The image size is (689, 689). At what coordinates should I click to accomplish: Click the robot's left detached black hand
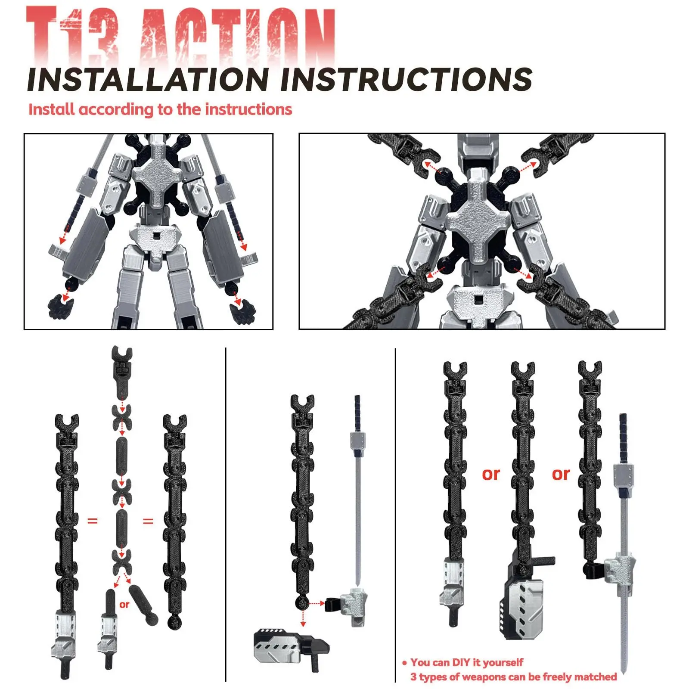59,306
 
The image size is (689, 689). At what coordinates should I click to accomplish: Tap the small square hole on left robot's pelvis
157,236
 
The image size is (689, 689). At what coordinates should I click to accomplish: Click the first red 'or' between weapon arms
491,474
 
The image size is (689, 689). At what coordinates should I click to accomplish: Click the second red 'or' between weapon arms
561,474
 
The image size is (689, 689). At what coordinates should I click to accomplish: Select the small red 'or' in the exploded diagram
124,605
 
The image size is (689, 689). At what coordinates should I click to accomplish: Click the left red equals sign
93,521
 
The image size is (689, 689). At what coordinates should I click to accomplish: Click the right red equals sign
148,521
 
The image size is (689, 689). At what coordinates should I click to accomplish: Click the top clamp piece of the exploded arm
122,370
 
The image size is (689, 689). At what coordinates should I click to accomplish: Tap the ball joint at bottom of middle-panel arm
303,603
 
